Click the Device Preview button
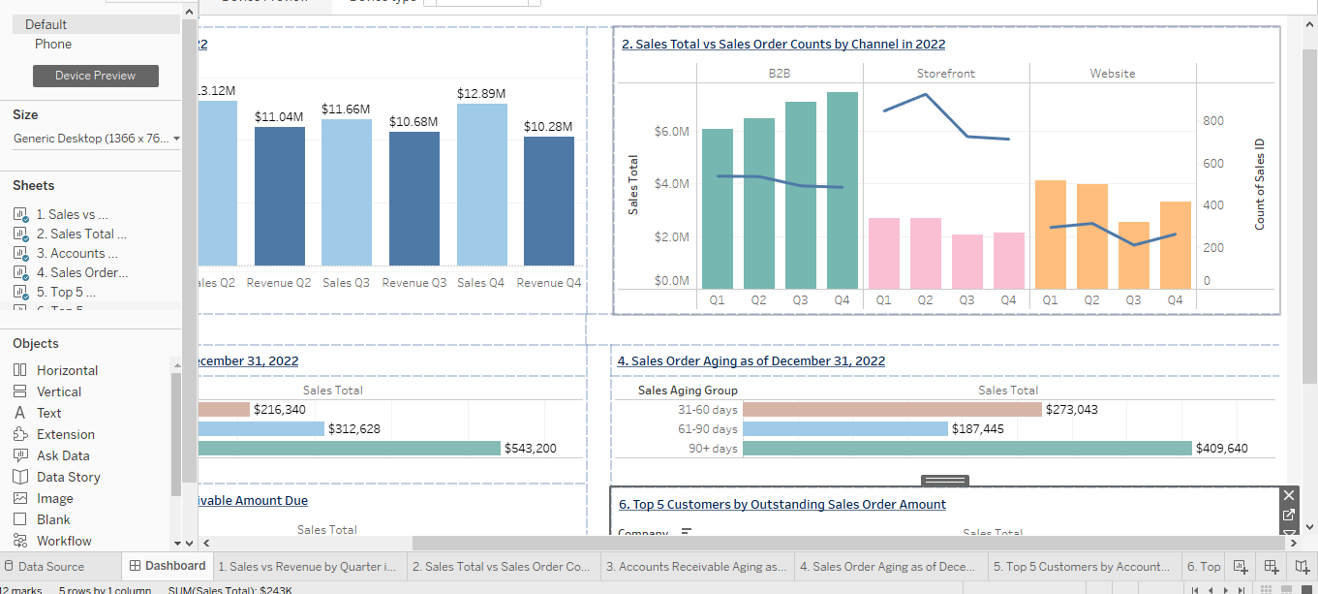(x=95, y=76)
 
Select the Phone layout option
(x=53, y=44)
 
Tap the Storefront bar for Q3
(x=967, y=262)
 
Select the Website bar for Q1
(x=1050, y=234)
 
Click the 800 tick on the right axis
(x=1213, y=121)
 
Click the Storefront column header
(x=945, y=74)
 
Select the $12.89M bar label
(x=481, y=94)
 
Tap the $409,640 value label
(x=1223, y=449)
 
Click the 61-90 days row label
(x=708, y=429)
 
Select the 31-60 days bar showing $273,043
(x=892, y=410)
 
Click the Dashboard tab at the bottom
(x=168, y=566)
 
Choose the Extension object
(x=65, y=434)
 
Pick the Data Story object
(x=68, y=477)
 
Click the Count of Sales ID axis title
(x=1260, y=184)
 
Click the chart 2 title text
(x=783, y=44)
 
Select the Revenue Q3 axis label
(x=414, y=283)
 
